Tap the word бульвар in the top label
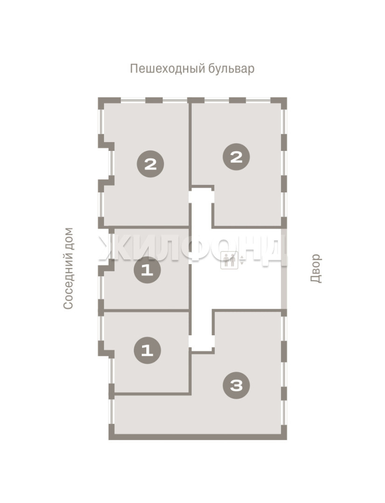coord(232,68)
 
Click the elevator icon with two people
coord(229,260)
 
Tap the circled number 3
coord(237,386)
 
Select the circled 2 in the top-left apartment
coord(150,164)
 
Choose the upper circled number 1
coord(147,270)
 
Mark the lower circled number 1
coord(147,350)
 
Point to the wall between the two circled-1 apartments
coord(146,311)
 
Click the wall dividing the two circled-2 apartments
coord(190,144)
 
